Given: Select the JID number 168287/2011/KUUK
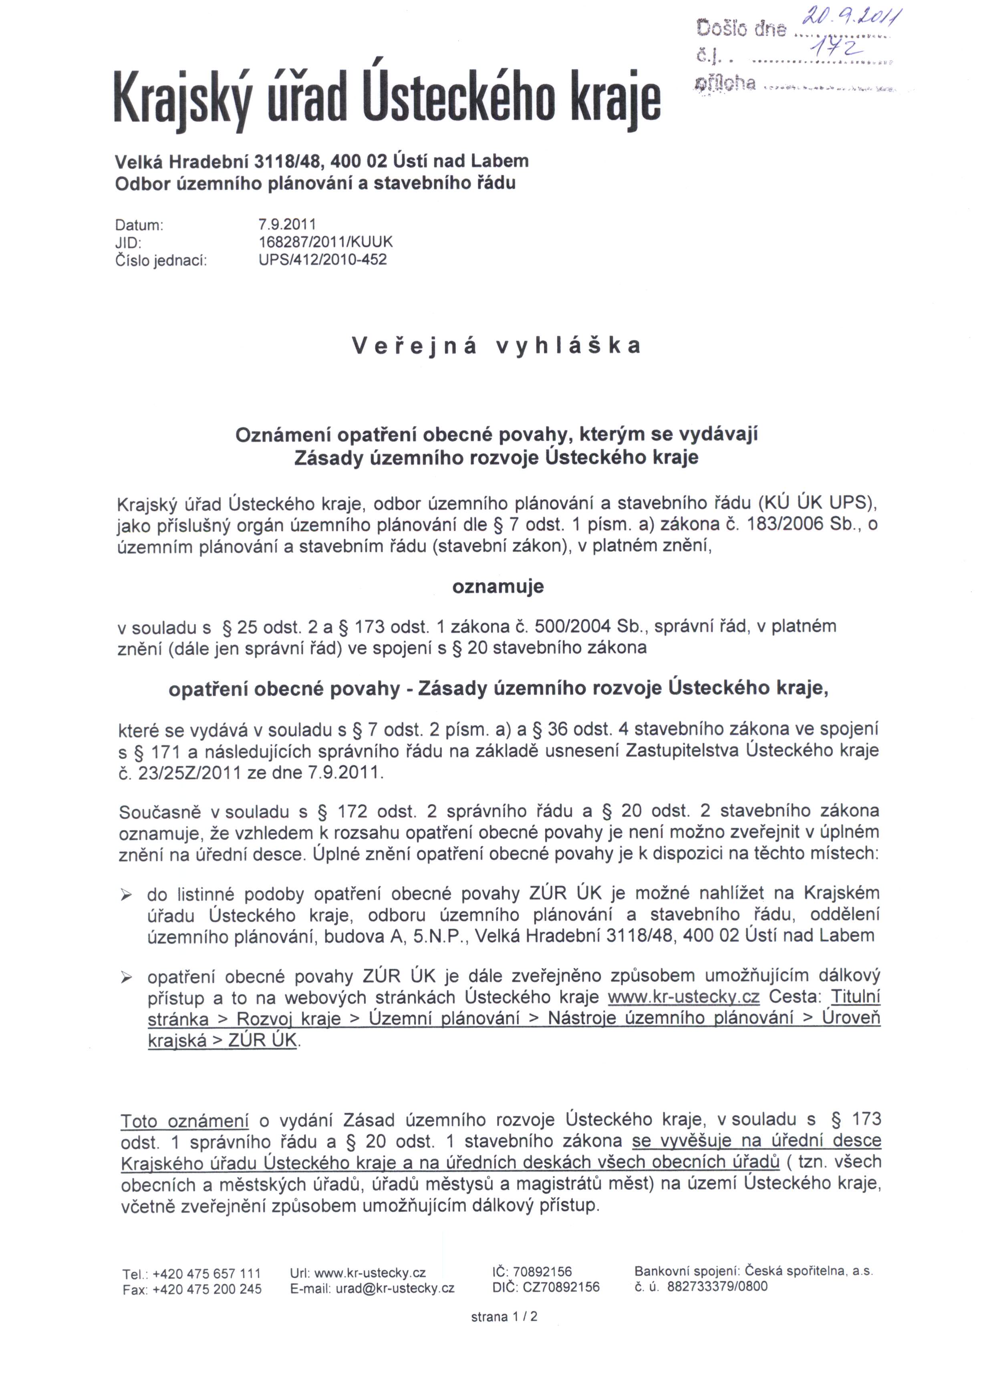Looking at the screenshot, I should (326, 242).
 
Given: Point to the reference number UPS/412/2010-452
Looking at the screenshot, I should (323, 260).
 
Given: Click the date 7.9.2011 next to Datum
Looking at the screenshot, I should (288, 224).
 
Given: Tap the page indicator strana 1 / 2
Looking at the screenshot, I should (504, 1317).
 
